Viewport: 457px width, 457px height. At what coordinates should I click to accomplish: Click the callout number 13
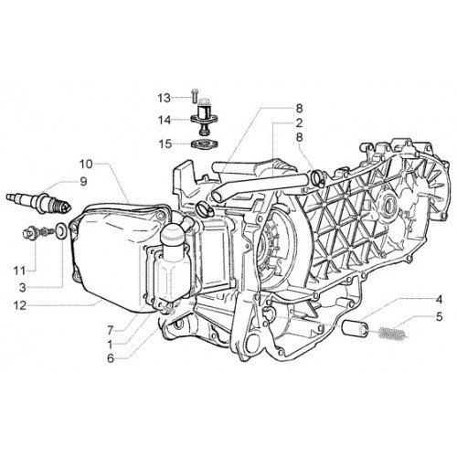coord(164,98)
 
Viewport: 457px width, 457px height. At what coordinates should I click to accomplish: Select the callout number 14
coord(165,120)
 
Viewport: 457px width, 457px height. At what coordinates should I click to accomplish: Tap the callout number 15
coord(165,143)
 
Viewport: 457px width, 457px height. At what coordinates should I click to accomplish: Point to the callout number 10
coord(86,164)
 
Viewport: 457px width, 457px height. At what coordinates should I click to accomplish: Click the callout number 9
coord(83,182)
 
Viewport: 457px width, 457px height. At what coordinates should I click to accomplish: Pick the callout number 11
coord(19,270)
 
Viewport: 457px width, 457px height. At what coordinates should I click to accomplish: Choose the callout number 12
coord(20,305)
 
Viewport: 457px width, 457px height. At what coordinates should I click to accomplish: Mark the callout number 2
coord(299,123)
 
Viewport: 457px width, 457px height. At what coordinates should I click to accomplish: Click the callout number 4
coord(439,300)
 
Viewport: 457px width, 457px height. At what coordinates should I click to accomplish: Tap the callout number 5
coord(439,317)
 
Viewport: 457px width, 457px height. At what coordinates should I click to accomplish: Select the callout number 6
coord(111,358)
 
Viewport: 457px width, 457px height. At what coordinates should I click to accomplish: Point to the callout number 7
coord(111,329)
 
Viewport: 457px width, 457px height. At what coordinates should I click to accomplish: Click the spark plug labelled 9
coord(39,202)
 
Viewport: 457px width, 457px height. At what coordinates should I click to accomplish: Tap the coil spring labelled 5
coord(392,333)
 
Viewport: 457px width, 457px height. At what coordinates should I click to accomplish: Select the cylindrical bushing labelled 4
coord(355,328)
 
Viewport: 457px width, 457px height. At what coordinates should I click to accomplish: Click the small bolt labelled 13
coord(195,95)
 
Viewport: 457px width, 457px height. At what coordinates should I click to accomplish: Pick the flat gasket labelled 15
coord(205,143)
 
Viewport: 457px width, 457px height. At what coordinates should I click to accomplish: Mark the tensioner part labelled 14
coord(205,116)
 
